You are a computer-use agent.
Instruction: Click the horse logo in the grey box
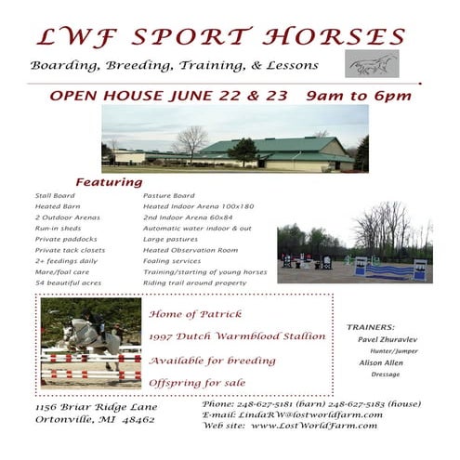[372, 64]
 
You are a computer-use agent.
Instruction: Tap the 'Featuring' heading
[109, 182]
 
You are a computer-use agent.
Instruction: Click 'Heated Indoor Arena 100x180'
[198, 206]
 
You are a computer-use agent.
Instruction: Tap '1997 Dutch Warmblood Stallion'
[237, 335]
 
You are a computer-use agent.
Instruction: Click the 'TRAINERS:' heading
[371, 328]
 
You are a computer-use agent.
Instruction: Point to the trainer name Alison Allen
[382, 362]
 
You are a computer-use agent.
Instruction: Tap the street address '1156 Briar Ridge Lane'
[96, 407]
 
